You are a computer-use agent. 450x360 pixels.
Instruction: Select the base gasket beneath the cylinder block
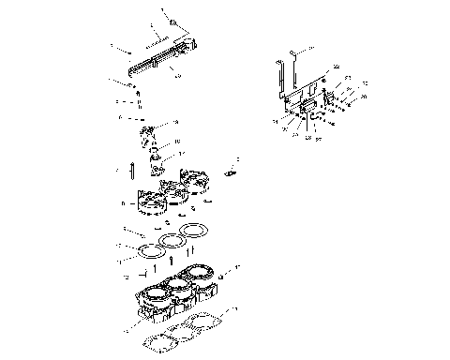click(187, 332)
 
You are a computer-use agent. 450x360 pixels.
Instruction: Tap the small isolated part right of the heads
click(232, 172)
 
